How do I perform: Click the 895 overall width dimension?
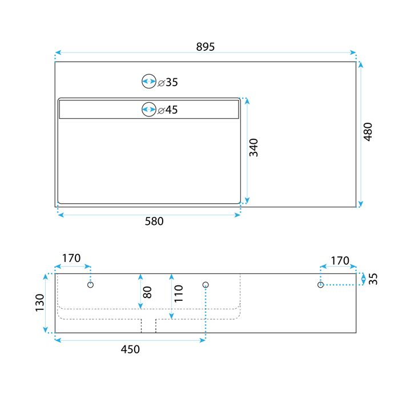[205, 47]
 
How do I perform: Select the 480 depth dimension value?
[368, 132]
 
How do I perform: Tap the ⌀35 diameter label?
[168, 82]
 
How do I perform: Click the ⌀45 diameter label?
[168, 110]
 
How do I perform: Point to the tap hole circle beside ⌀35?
[149, 82]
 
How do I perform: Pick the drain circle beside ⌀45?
[149, 109]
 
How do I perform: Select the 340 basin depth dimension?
[253, 148]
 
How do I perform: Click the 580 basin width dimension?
[154, 221]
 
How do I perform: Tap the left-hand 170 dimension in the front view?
[71, 259]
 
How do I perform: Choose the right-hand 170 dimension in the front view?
[340, 261]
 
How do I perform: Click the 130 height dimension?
[39, 303]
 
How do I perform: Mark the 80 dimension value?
[147, 292]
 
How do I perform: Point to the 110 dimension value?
[179, 293]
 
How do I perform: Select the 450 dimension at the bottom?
[130, 349]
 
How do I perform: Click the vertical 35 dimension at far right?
[373, 279]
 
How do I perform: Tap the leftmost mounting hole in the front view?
[90, 284]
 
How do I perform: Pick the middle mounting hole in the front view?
[206, 284]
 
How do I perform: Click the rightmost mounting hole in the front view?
[321, 284]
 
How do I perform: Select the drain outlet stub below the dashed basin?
[148, 325]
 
